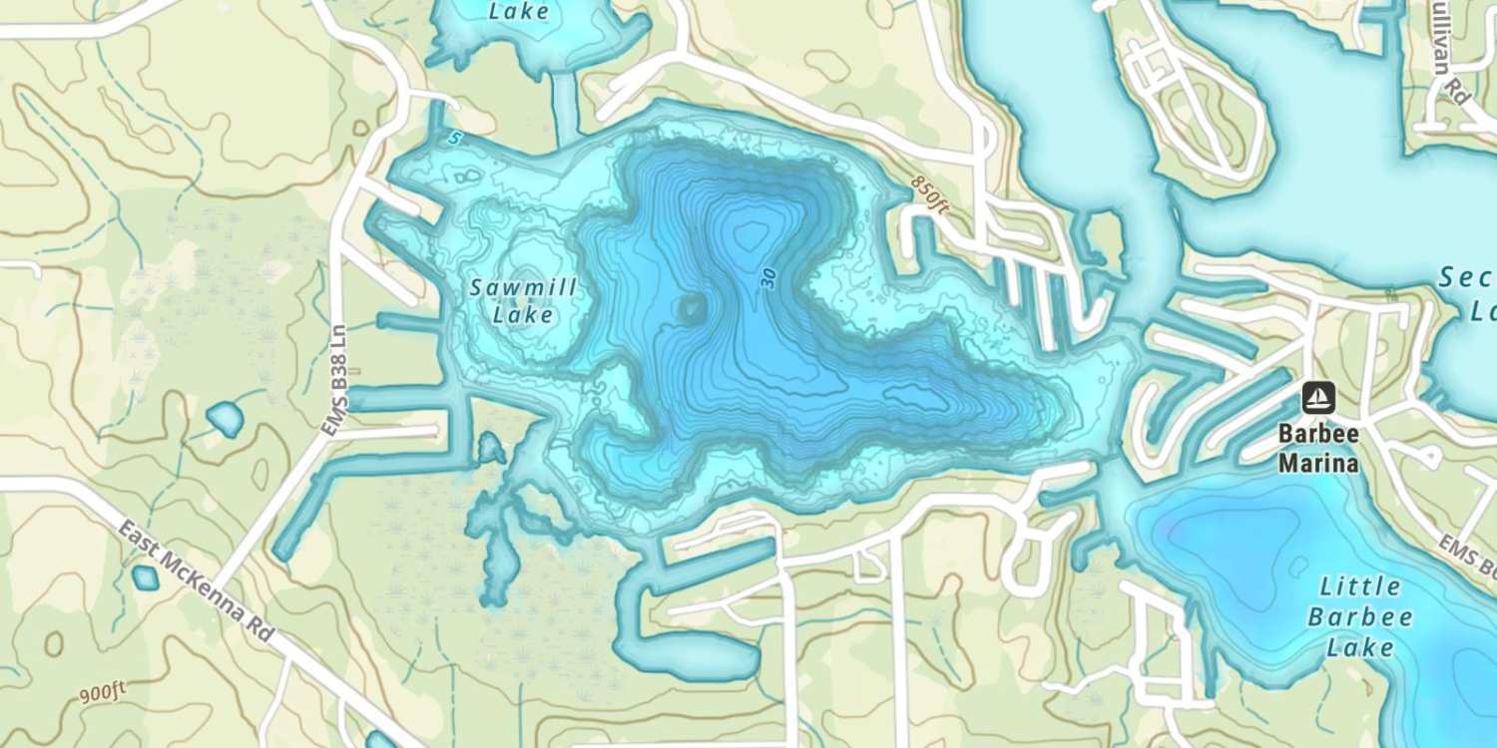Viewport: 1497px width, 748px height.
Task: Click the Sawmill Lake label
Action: pyautogui.click(x=524, y=301)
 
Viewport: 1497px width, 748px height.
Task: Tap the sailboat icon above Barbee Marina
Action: pyautogui.click(x=1318, y=398)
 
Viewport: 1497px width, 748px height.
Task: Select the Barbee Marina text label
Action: pyautogui.click(x=1318, y=450)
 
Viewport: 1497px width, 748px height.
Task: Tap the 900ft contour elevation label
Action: pyautogui.click(x=103, y=696)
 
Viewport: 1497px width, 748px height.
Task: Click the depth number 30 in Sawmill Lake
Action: pyautogui.click(x=767, y=278)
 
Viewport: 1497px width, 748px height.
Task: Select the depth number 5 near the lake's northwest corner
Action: pyautogui.click(x=454, y=139)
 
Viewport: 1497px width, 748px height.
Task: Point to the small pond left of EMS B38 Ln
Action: pyautogui.click(x=224, y=419)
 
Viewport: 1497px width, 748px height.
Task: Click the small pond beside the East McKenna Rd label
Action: pyautogui.click(x=146, y=577)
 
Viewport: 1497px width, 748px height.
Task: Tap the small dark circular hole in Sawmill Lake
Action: pyautogui.click(x=690, y=309)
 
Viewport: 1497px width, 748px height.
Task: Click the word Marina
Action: pyautogui.click(x=1318, y=464)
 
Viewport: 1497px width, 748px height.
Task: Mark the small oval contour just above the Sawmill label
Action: pyautogui.click(x=526, y=263)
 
